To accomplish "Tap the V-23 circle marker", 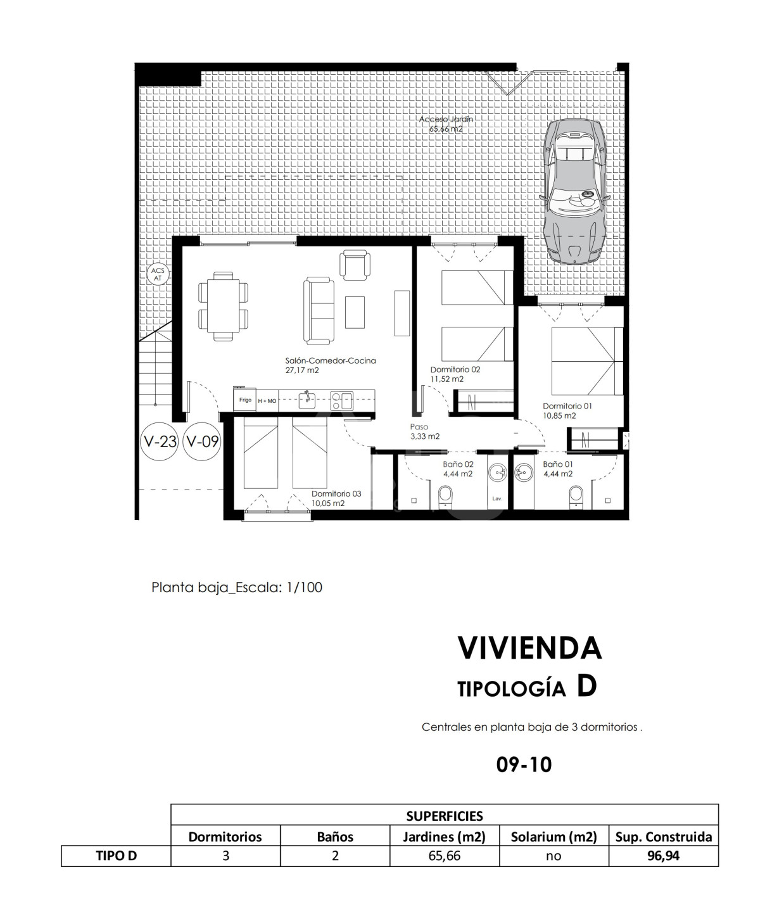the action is pyautogui.click(x=159, y=441).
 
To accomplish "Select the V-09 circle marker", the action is pyautogui.click(x=202, y=441).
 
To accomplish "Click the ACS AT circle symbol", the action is pyautogui.click(x=158, y=274).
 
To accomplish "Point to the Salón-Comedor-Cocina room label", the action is pyautogui.click(x=331, y=365).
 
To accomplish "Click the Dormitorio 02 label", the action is pyautogui.click(x=455, y=374).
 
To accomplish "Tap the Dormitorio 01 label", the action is pyautogui.click(x=567, y=411).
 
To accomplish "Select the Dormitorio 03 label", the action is pyautogui.click(x=336, y=498).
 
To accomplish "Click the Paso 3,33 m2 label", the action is pyautogui.click(x=425, y=431).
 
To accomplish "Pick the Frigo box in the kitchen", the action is pyautogui.click(x=245, y=400).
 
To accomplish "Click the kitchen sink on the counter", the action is pyautogui.click(x=307, y=400).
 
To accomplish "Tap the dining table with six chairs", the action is pyautogui.click(x=223, y=306).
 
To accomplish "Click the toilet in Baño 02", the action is pyautogui.click(x=446, y=495).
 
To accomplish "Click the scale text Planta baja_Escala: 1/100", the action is pyautogui.click(x=237, y=587).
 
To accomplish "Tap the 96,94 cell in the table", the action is pyautogui.click(x=663, y=856).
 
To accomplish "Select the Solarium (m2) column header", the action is pyautogui.click(x=553, y=837).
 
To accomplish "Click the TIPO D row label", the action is pyautogui.click(x=117, y=856).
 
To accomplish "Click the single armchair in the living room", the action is pyautogui.click(x=355, y=265).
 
